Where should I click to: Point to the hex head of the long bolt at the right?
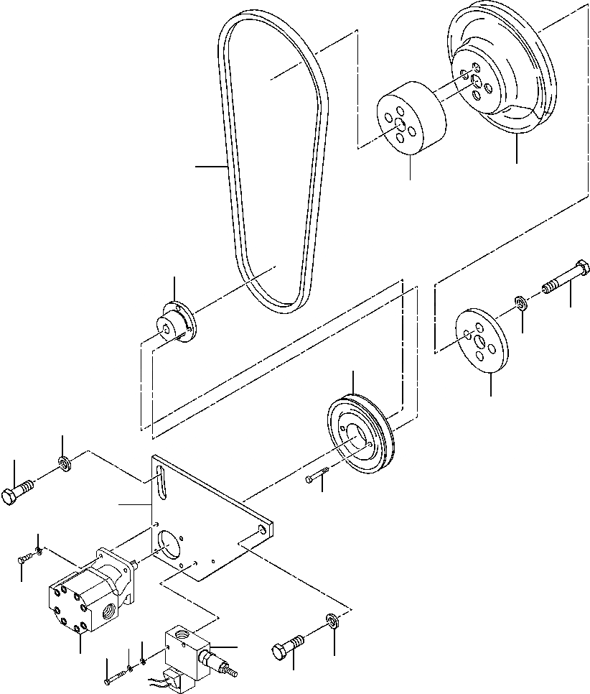tap(582, 272)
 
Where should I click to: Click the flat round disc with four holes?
tap(482, 340)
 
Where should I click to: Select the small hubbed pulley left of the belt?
tap(177, 325)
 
